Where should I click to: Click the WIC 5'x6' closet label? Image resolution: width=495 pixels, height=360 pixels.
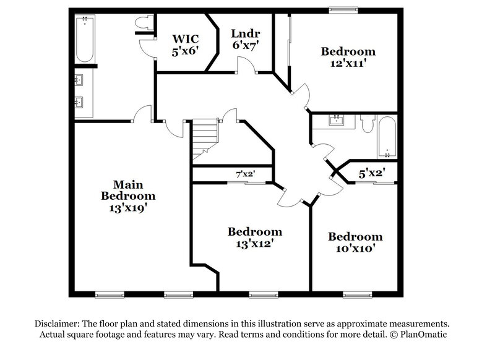pos(184,45)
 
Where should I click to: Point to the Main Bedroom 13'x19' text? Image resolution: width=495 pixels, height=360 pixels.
pos(128,196)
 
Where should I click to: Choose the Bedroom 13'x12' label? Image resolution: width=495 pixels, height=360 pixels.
pos(255,238)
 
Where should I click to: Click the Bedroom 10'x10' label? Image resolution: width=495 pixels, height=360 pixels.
pos(355,242)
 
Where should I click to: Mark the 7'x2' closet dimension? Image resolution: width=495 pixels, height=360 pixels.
pos(246,175)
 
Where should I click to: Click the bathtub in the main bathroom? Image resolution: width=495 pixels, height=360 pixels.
pos(84,39)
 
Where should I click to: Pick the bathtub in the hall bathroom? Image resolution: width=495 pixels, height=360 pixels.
pos(387,137)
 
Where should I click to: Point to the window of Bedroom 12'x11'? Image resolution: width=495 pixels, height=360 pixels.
pos(343,9)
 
